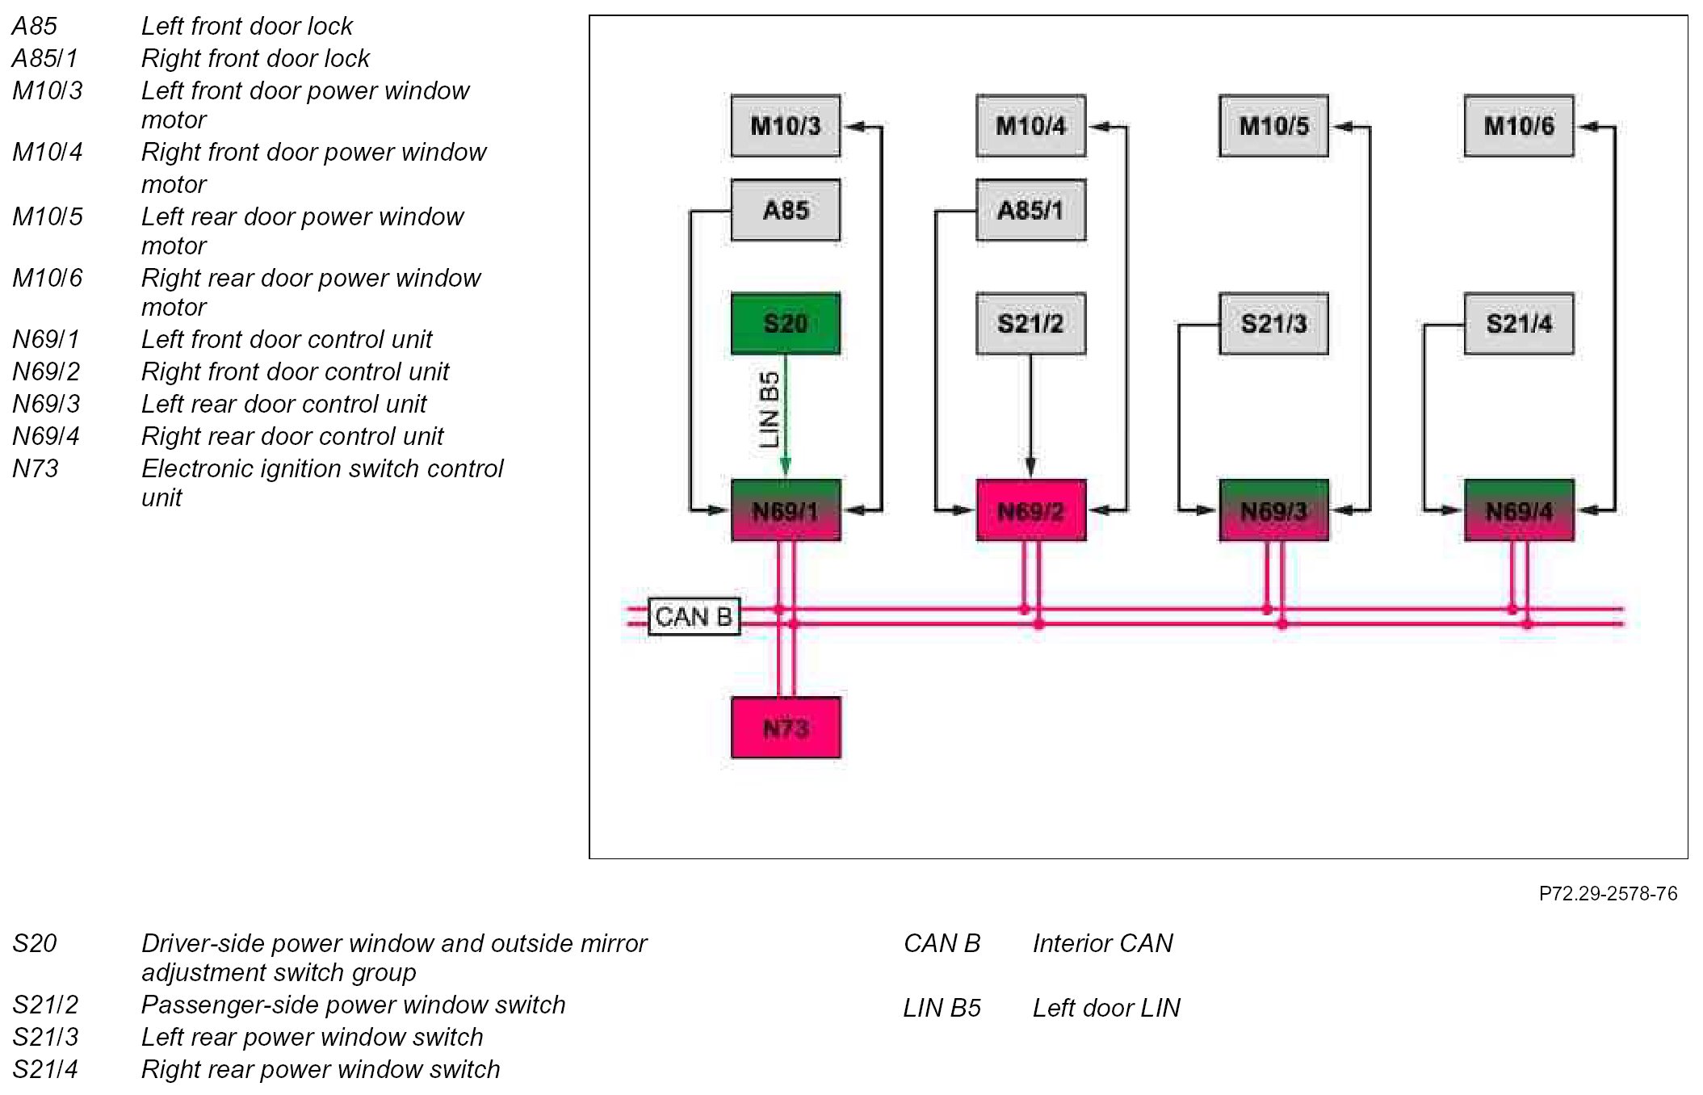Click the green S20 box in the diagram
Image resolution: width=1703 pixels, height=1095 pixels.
[785, 324]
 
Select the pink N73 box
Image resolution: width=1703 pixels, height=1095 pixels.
[786, 728]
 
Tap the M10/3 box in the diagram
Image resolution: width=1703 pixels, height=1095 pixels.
[785, 126]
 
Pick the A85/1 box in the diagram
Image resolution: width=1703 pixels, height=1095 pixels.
[1030, 210]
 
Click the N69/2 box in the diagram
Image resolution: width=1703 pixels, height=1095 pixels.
[1030, 510]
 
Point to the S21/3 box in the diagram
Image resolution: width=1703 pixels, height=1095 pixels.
[1273, 324]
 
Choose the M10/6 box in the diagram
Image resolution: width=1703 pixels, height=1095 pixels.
[1519, 126]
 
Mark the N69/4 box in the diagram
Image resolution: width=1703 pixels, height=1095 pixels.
[1519, 510]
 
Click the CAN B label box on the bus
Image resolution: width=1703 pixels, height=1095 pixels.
[694, 617]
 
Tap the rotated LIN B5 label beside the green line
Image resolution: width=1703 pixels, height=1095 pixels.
[770, 409]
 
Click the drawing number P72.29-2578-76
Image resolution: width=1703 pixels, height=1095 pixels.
[1608, 894]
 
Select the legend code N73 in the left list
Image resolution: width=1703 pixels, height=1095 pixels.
[36, 468]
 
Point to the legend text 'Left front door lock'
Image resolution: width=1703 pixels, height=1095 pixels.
[247, 27]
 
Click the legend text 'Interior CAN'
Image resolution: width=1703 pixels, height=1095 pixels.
[1102, 943]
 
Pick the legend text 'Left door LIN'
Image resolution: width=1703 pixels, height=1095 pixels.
[1106, 1008]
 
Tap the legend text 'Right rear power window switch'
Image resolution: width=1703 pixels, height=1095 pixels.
[321, 1069]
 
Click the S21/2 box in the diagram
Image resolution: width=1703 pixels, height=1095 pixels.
[1030, 324]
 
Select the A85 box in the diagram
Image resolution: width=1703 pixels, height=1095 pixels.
[785, 210]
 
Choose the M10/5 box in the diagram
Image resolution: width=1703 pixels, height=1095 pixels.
[1273, 126]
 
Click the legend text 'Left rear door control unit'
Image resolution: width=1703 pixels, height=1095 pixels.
[283, 404]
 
